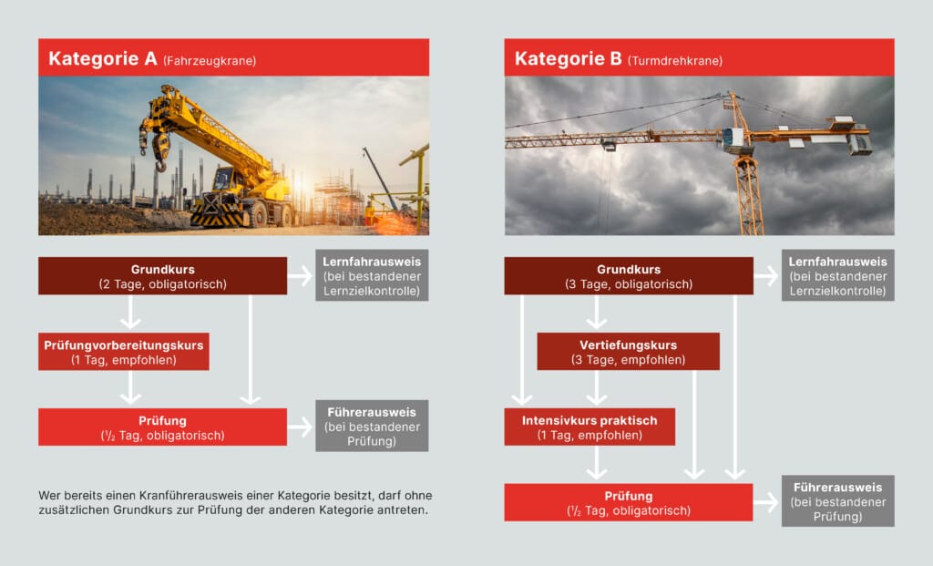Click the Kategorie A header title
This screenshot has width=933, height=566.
tap(103, 59)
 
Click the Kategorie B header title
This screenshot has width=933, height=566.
tap(569, 59)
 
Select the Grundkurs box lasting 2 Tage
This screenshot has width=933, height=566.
tap(162, 276)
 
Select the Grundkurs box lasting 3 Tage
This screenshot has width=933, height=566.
tap(629, 276)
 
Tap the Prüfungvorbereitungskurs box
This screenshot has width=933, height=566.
tap(123, 352)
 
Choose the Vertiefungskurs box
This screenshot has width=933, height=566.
tap(628, 352)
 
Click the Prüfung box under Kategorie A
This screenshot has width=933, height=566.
tap(162, 427)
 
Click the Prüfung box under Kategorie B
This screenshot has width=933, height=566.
tap(629, 502)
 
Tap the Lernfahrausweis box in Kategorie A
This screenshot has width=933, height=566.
tap(372, 275)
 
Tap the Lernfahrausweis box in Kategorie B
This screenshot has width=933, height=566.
tap(837, 275)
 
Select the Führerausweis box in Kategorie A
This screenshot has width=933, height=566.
tap(372, 426)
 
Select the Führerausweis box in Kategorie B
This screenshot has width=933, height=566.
tap(837, 500)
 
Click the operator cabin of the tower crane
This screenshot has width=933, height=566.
tap(733, 140)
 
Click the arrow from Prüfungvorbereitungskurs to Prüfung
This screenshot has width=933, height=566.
tap(130, 387)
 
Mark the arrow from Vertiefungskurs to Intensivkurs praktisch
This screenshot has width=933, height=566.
tap(597, 387)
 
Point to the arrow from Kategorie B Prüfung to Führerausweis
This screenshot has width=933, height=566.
tap(767, 502)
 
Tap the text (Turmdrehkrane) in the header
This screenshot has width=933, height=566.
tap(675, 61)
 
